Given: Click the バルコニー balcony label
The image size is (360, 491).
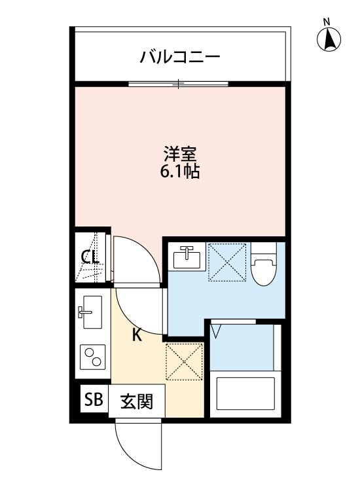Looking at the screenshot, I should [179, 57].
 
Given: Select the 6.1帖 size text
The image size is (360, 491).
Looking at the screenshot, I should [180, 173].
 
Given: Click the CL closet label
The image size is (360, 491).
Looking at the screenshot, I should [90, 257].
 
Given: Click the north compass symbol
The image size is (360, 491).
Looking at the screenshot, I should [330, 41].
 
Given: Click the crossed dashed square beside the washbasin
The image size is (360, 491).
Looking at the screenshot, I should [227, 262].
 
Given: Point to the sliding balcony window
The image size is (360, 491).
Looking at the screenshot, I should [178, 83].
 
